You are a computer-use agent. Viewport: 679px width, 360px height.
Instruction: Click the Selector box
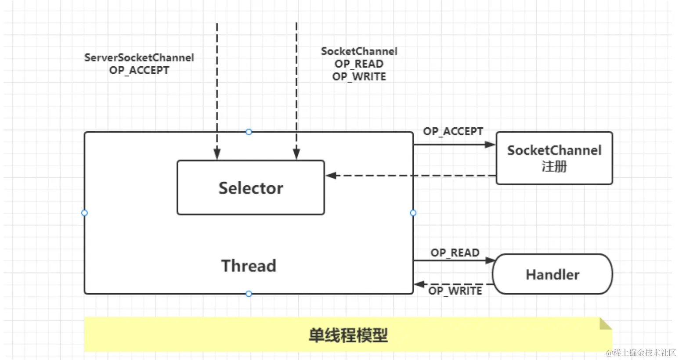(x=251, y=188)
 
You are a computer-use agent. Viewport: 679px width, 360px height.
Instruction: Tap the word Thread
(x=249, y=266)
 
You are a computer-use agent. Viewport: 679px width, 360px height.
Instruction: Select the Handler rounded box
(x=553, y=274)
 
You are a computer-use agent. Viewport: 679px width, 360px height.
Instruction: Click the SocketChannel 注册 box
(x=554, y=158)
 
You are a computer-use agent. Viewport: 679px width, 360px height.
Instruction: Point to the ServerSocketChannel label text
(x=139, y=58)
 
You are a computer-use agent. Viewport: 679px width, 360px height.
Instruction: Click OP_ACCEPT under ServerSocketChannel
(x=139, y=70)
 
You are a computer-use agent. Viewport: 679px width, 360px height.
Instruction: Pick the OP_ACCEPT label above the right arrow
(x=453, y=131)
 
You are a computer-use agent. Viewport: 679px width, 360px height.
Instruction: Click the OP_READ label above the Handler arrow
(x=455, y=253)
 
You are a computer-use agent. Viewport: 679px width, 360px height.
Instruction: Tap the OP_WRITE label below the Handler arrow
(x=455, y=291)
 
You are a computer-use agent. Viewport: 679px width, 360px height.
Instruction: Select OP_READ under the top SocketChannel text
(x=359, y=64)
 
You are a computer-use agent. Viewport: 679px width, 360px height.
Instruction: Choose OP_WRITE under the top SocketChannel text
(x=359, y=77)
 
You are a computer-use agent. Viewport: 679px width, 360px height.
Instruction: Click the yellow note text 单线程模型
(x=348, y=335)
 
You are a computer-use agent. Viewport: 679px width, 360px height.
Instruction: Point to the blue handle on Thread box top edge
(x=249, y=132)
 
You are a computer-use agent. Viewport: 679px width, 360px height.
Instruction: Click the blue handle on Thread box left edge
(x=84, y=213)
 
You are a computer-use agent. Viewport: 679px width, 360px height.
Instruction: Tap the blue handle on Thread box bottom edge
(x=249, y=294)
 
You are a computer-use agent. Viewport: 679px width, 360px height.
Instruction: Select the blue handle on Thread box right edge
(x=413, y=213)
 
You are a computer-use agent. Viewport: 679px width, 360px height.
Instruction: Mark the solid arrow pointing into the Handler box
(x=452, y=260)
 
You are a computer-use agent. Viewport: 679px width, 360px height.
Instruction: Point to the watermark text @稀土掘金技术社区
(x=641, y=353)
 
